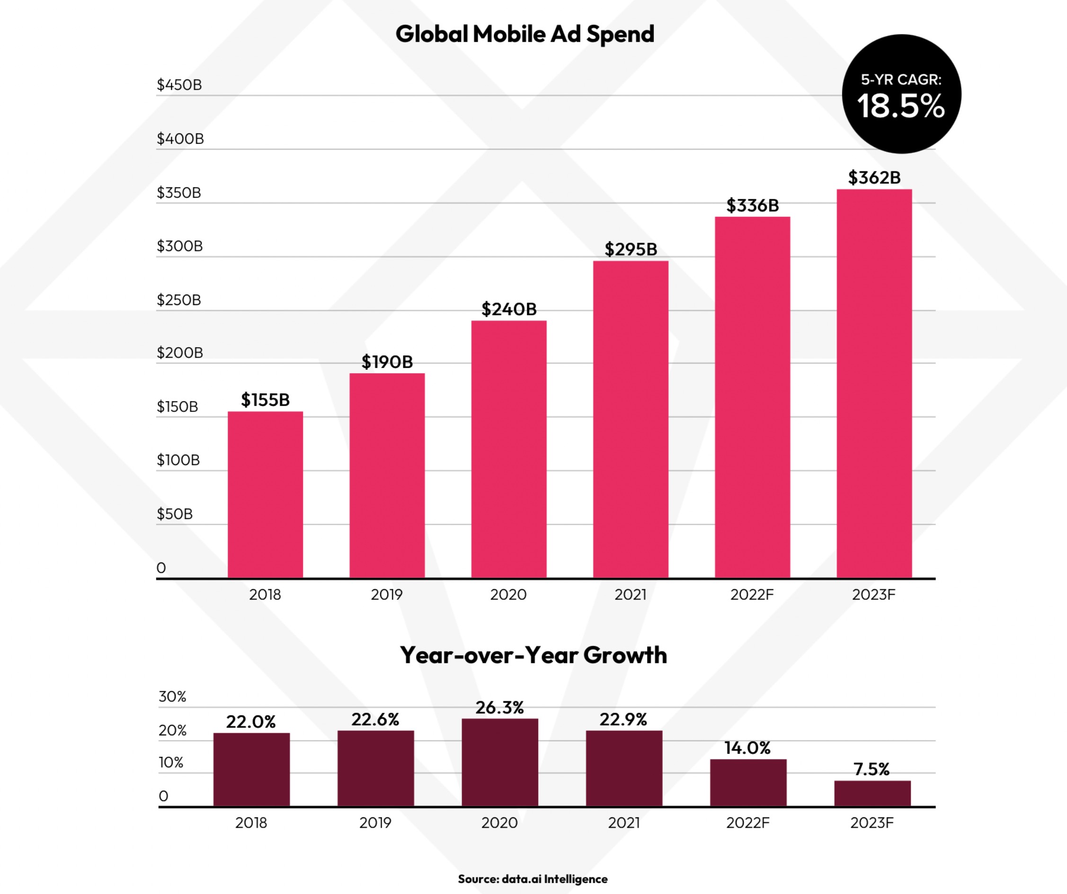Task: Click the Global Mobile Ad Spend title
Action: [525, 35]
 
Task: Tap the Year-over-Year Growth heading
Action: [533, 655]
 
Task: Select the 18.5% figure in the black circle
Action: [901, 107]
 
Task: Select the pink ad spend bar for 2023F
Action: [874, 383]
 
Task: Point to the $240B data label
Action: [508, 309]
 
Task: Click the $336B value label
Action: [752, 206]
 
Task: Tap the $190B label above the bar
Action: [387, 362]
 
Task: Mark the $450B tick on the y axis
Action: [179, 85]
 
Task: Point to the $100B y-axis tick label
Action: [178, 460]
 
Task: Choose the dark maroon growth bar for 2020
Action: [499, 762]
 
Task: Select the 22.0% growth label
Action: [250, 722]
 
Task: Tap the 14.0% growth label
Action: [747, 748]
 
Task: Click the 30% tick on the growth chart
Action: [172, 696]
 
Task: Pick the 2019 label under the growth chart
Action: [375, 823]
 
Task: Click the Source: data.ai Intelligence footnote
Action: [533, 879]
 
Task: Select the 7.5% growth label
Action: [871, 769]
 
